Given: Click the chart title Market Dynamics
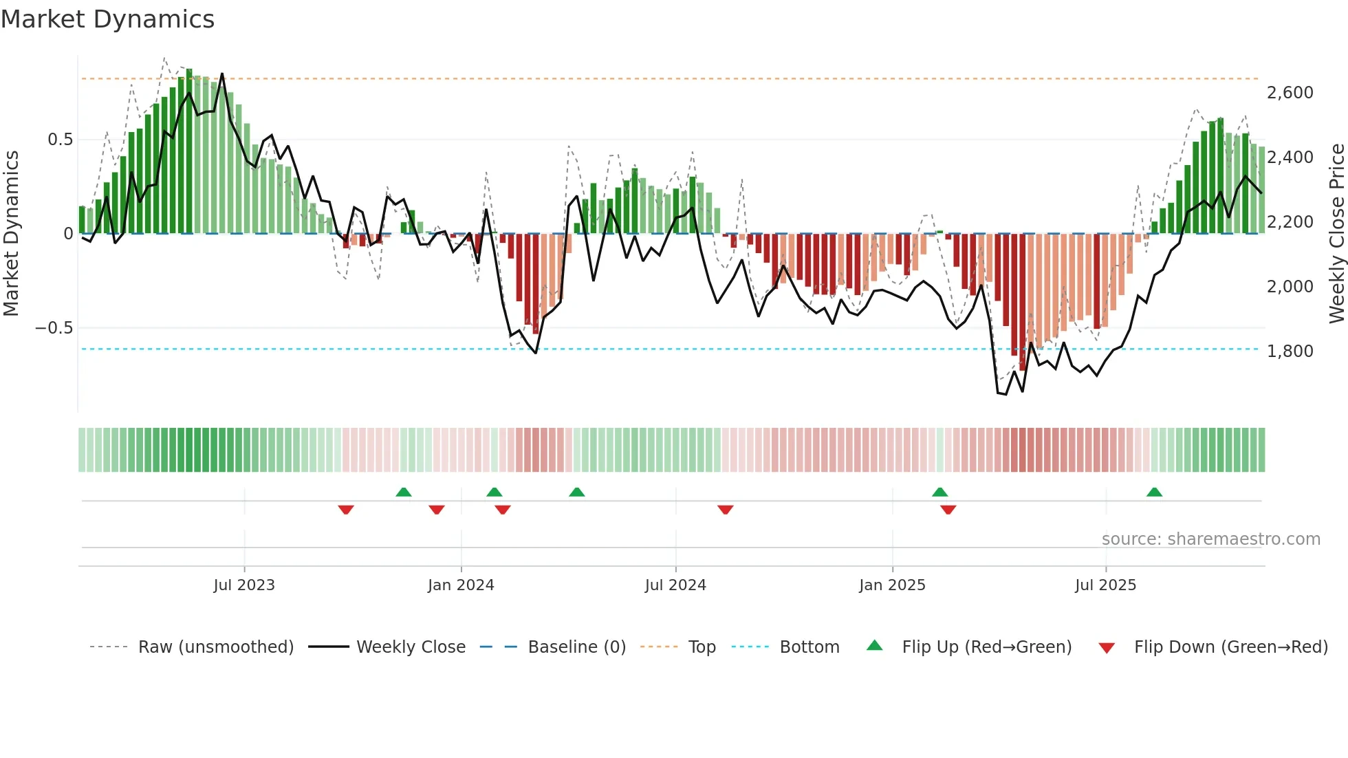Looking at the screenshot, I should click(107, 19).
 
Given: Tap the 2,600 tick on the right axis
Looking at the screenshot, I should click(1290, 93).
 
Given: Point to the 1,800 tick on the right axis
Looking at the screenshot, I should click(1290, 351).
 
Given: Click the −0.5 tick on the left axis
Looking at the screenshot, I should click(54, 328).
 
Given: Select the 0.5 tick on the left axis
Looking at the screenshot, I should click(60, 140).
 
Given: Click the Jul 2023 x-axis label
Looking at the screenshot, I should click(243, 585).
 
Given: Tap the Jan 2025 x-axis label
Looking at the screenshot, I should click(892, 585).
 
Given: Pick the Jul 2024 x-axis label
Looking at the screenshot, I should click(675, 585).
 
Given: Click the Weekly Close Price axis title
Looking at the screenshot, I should click(1336, 233).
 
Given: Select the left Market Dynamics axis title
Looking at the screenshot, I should click(11, 233).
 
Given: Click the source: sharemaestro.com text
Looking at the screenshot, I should click(1210, 539).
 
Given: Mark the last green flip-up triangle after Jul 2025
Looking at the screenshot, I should click(1154, 492).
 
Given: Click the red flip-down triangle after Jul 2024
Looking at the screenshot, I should click(725, 510).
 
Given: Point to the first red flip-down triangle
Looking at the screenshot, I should click(346, 510).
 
